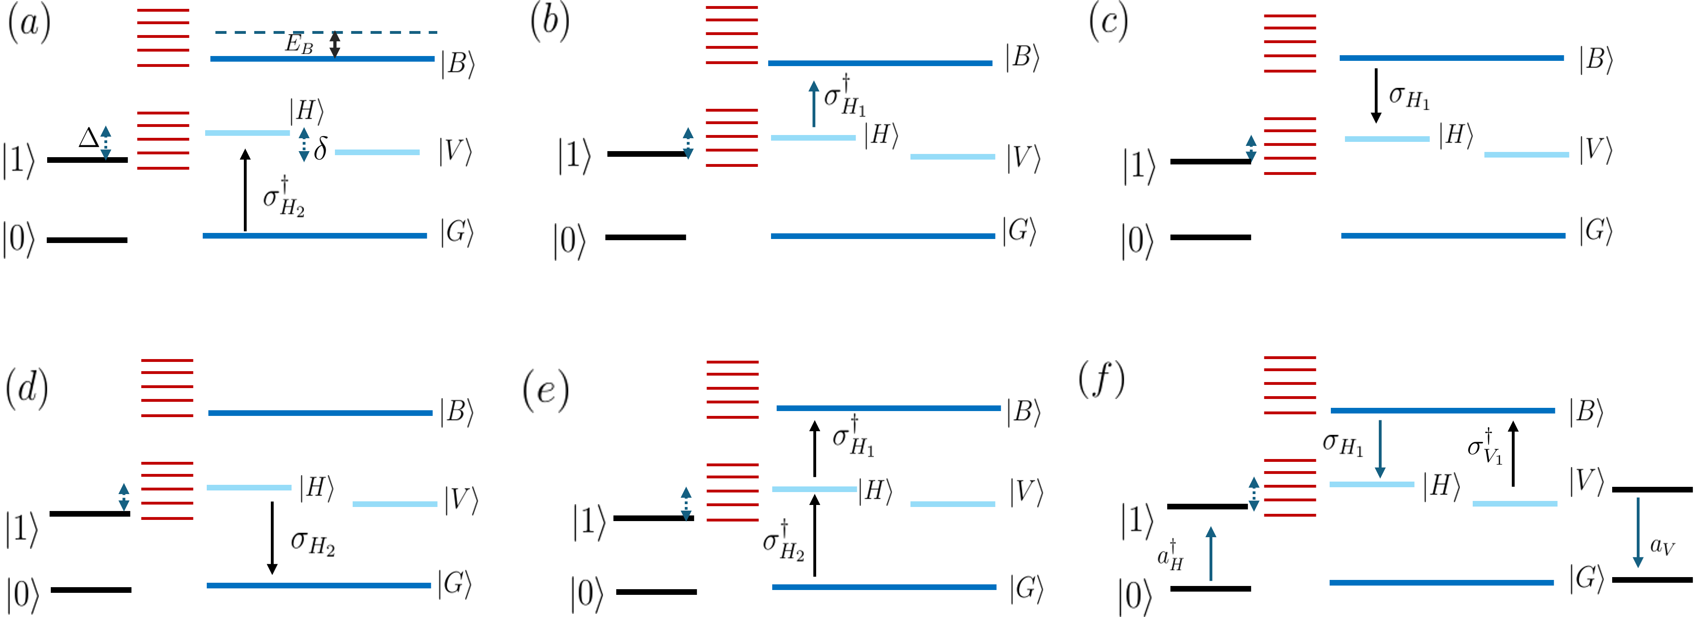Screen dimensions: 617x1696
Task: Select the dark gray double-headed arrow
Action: pos(335,45)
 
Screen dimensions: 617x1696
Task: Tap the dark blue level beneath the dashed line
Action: pos(322,58)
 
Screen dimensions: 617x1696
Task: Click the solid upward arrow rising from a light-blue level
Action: pos(814,104)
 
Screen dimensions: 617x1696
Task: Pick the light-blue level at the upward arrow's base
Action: pos(813,137)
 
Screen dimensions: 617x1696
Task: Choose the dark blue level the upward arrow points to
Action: pos(880,63)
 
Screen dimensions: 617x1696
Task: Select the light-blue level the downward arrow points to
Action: pos(1372,484)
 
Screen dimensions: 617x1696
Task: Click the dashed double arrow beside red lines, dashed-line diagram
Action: pos(105,143)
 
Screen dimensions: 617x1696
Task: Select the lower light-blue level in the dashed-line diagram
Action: pos(377,152)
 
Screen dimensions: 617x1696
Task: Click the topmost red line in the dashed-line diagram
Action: pos(163,10)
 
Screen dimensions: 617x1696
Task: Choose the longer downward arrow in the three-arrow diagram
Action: pos(1638,532)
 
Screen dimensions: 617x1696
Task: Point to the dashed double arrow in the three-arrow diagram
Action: pos(1253,494)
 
